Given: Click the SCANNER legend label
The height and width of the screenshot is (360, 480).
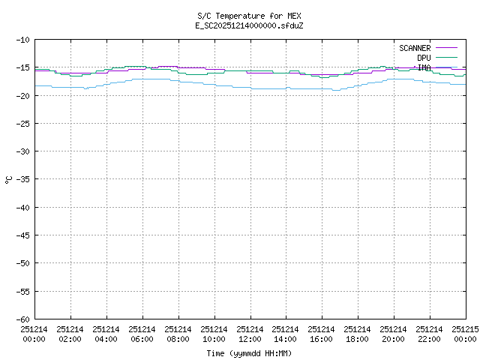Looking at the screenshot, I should (414, 48).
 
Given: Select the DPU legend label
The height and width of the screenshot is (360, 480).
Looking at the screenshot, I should (424, 58).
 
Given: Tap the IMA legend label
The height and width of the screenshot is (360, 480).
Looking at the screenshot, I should (424, 67).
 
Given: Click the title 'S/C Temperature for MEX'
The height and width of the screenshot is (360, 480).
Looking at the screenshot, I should (250, 16).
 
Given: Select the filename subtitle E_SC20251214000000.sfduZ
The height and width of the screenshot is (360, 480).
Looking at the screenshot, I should (250, 25).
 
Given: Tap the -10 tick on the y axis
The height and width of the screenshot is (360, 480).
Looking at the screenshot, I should (22, 40).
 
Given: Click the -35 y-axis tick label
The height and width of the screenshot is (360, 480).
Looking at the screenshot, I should (22, 179).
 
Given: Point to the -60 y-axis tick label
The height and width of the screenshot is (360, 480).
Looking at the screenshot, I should (22, 319).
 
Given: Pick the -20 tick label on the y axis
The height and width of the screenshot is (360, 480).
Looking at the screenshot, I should (22, 95).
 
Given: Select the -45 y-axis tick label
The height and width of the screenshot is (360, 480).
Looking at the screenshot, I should (22, 235).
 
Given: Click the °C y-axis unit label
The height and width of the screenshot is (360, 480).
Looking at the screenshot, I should (8, 179).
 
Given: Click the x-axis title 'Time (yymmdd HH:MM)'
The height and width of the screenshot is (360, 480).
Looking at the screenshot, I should (250, 353).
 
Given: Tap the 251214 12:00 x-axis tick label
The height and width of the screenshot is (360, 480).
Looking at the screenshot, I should (250, 334).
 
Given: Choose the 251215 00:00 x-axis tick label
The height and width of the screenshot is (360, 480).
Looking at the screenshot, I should (465, 334).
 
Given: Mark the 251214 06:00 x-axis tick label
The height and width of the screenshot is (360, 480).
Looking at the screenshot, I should (142, 334).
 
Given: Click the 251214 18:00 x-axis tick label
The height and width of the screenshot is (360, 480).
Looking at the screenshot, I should (358, 334).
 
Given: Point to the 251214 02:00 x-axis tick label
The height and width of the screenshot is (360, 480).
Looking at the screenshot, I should (70, 334).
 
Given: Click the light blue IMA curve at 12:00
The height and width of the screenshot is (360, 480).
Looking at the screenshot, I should (250, 88).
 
